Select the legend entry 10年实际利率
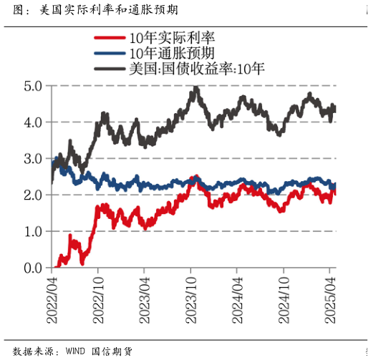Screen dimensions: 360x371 pyautogui.click(x=180, y=38)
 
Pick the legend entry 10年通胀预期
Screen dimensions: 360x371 pyautogui.click(x=180, y=54)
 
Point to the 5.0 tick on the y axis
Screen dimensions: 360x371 pyautogui.click(x=33, y=85)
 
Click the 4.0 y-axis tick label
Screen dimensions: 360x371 pyautogui.click(x=33, y=122)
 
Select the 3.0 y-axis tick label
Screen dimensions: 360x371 pyautogui.click(x=33, y=158)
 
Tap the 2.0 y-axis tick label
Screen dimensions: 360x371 pyautogui.click(x=33, y=195)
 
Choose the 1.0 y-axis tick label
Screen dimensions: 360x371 pyautogui.click(x=33, y=231)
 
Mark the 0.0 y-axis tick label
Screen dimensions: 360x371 pyautogui.click(x=33, y=268)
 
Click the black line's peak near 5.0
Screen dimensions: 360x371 pyautogui.click(x=196, y=89)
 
